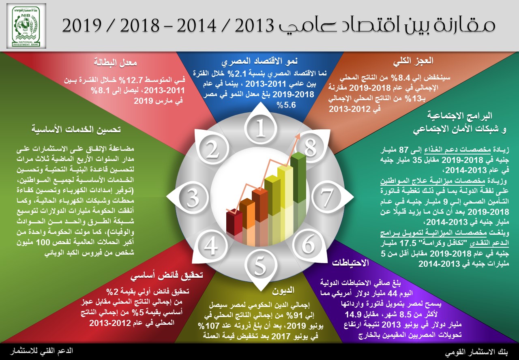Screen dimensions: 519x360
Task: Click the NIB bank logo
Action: (x=26, y=26)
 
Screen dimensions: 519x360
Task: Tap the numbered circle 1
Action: (x=261, y=128)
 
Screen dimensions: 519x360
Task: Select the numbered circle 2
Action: (x=213, y=149)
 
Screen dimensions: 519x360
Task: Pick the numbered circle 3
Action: (x=193, y=197)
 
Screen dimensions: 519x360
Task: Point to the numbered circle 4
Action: (x=211, y=245)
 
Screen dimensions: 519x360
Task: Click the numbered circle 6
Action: (x=309, y=244)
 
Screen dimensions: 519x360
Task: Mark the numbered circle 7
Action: (x=327, y=197)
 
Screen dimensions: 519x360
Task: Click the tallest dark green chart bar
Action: (x=298, y=178)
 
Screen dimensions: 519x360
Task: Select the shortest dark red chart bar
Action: (x=234, y=223)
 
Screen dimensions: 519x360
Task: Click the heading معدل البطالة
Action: (x=115, y=62)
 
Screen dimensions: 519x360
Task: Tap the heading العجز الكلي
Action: (x=413, y=61)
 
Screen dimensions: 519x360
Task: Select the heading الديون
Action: (x=283, y=290)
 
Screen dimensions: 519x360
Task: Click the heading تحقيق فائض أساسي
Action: (x=166, y=275)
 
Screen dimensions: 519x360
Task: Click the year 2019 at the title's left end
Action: (x=82, y=26)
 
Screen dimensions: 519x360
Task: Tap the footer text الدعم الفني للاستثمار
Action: (x=41, y=351)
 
